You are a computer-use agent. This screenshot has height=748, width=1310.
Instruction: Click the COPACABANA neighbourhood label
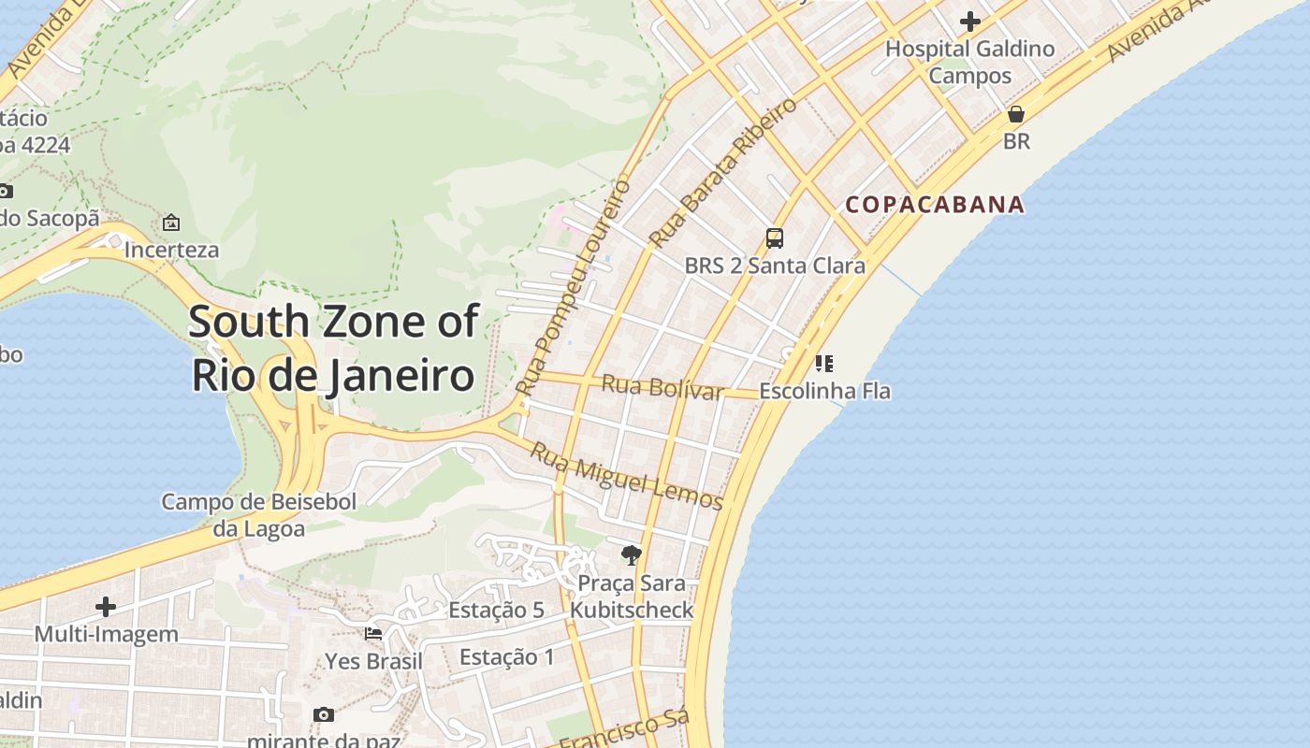click(935, 205)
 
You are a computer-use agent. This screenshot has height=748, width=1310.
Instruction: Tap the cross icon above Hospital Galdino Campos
click(970, 21)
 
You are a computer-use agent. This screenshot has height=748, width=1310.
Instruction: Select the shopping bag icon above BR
click(1016, 115)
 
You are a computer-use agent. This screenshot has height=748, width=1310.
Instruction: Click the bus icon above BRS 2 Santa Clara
click(775, 238)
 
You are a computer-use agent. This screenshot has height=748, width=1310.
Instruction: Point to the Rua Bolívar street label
click(662, 387)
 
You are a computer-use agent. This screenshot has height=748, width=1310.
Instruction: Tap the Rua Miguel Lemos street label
click(627, 478)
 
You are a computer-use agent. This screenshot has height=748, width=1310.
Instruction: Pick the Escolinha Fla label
click(824, 391)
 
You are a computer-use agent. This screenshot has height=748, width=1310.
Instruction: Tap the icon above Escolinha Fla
click(823, 363)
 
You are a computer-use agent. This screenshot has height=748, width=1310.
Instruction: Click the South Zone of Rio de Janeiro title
click(333, 348)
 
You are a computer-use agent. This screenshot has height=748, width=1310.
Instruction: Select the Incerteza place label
click(171, 250)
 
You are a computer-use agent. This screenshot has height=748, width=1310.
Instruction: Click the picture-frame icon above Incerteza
click(171, 223)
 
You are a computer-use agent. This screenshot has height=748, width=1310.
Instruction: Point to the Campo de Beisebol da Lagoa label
click(259, 515)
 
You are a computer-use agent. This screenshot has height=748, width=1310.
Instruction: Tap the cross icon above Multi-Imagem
click(106, 607)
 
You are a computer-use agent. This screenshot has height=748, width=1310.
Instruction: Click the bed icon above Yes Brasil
click(373, 633)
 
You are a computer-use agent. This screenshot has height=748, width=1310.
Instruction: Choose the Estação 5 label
click(496, 611)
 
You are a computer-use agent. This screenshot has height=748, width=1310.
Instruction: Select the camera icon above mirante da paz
click(324, 714)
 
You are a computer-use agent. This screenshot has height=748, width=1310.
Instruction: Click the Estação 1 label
click(506, 657)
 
